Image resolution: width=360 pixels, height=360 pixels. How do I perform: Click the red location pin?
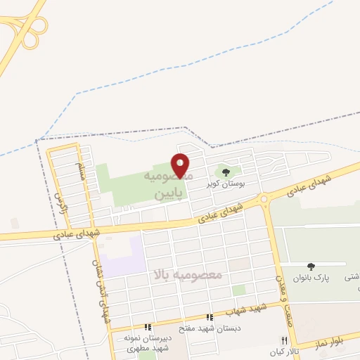pyautogui.click(x=181, y=165)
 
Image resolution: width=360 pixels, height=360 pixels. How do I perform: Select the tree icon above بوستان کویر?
pyautogui.click(x=226, y=171)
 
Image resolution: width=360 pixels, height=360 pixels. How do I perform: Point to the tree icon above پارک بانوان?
pyautogui.click(x=311, y=266)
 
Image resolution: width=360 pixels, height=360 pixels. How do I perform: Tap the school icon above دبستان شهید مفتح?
pyautogui.click(x=208, y=317)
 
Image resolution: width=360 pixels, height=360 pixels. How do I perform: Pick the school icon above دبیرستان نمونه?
pyautogui.click(x=148, y=327)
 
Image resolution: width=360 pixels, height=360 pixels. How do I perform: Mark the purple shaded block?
pyautogui.click(x=124, y=257)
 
